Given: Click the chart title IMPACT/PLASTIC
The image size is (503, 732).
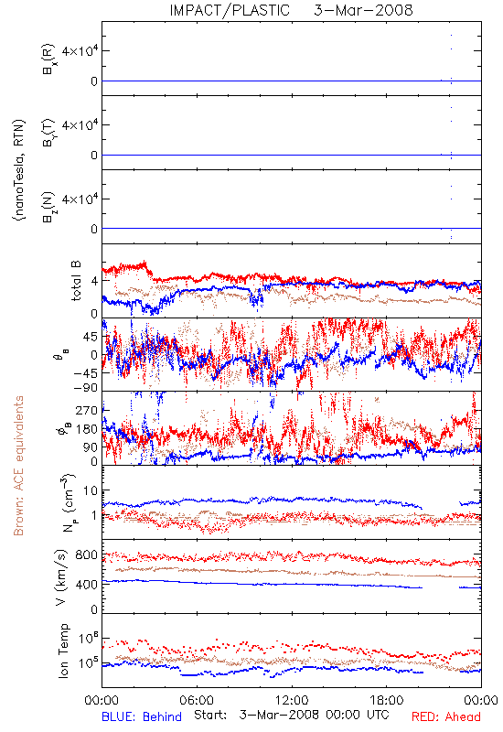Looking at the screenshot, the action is pyautogui.click(x=230, y=10).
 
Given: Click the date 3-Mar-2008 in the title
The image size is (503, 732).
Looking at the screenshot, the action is pyautogui.click(x=363, y=10).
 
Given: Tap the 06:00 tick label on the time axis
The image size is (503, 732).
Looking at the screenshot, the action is pyautogui.click(x=197, y=700).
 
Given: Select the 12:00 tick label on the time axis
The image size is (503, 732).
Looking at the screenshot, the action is pyautogui.click(x=292, y=700).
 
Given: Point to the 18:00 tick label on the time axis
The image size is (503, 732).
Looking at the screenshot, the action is pyautogui.click(x=387, y=700).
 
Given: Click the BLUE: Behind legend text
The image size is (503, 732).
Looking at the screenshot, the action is pyautogui.click(x=142, y=716).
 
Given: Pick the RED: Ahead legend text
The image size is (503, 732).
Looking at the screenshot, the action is pyautogui.click(x=445, y=716).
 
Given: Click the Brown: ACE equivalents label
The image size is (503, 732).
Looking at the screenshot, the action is pyautogui.click(x=18, y=466).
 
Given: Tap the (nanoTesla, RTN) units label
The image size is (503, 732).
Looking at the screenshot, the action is pyautogui.click(x=19, y=170).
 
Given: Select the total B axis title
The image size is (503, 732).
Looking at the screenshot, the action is pyautogui.click(x=76, y=281).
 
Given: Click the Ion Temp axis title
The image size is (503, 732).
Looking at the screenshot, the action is pyautogui.click(x=63, y=651).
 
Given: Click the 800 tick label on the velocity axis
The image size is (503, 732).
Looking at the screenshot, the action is pyautogui.click(x=86, y=554).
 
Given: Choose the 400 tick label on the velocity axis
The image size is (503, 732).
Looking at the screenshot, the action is pyautogui.click(x=86, y=584).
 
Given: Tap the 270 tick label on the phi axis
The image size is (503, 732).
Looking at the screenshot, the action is pyautogui.click(x=86, y=410).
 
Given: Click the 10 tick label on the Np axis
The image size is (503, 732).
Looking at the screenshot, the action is pyautogui.click(x=90, y=490).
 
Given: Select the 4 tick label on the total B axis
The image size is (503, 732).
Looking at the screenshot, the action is pyautogui.click(x=95, y=281).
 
